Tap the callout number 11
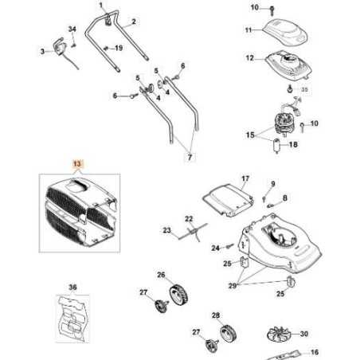point(248,29)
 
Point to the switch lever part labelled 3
point(58,49)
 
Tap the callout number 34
point(72,29)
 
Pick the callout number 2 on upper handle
point(133,21)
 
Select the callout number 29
point(233,284)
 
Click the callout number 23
point(167,230)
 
